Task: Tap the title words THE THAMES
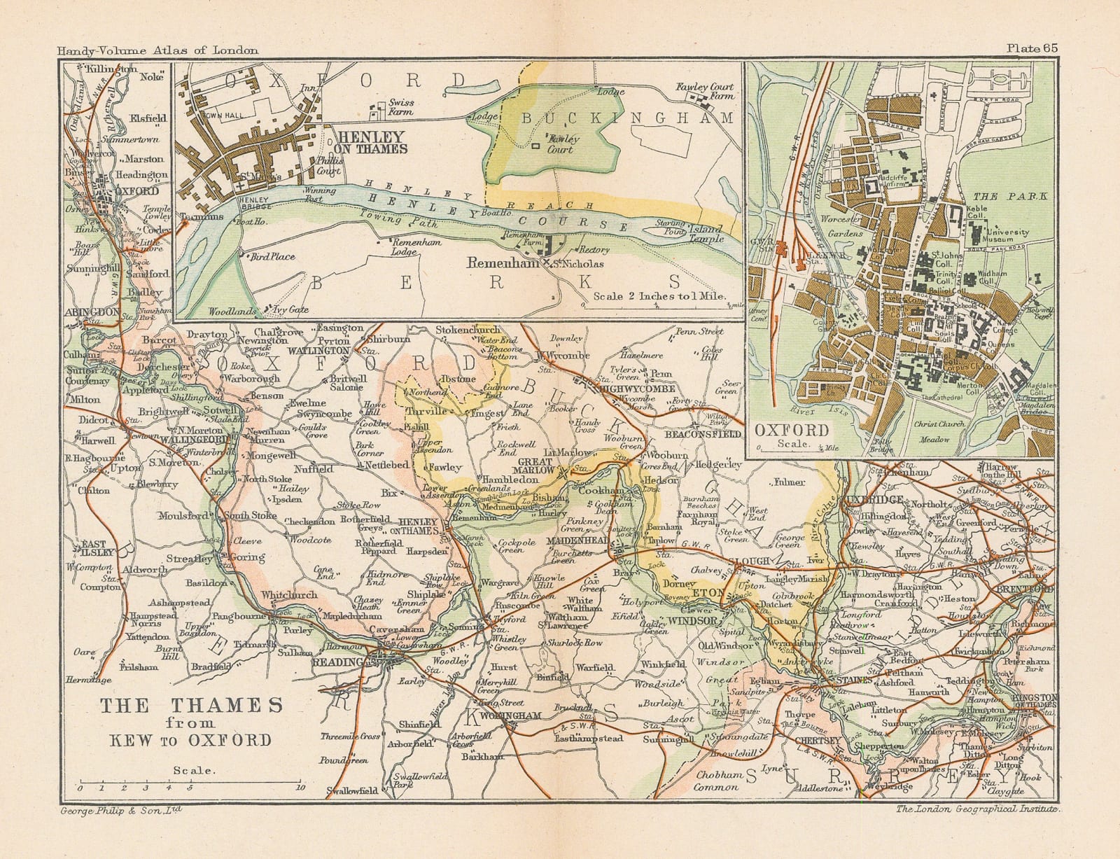tap(191, 705)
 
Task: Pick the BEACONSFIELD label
tap(702, 434)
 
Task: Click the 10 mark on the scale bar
tap(300, 788)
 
